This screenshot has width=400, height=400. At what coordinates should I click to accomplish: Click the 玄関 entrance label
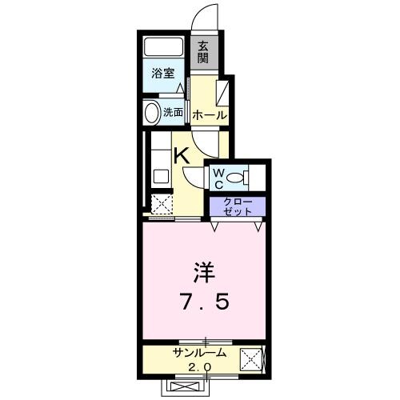click(x=203, y=53)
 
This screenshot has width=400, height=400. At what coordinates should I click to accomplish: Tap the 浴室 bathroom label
click(x=163, y=74)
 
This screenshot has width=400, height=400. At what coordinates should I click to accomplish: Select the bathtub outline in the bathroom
click(x=164, y=47)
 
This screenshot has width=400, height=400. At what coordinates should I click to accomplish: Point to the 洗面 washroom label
click(x=174, y=112)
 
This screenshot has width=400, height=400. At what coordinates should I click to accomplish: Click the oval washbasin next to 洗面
click(x=151, y=112)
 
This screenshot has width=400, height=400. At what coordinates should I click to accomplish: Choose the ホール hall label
click(x=209, y=116)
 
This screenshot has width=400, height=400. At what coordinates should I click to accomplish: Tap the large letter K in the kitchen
click(x=182, y=156)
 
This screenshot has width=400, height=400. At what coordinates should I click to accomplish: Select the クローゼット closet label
click(x=238, y=206)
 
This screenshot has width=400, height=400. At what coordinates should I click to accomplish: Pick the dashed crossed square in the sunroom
click(x=254, y=360)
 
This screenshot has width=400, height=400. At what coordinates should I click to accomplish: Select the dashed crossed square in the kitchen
click(x=162, y=205)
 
